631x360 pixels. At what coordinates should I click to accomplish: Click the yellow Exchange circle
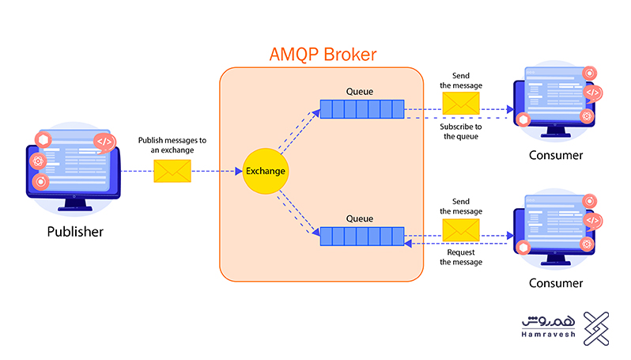point(264,171)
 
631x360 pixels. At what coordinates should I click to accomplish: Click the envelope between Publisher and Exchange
point(172,171)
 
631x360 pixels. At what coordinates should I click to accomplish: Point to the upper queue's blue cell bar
point(362,108)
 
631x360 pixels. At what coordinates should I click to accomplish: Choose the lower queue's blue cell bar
point(362,235)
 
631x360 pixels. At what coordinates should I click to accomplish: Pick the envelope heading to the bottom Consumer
point(461,230)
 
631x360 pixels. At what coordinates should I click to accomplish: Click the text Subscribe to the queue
point(461,131)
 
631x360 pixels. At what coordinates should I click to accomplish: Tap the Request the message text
point(461,257)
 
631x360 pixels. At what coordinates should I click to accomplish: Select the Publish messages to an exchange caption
point(172,145)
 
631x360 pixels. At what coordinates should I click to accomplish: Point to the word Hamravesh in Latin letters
point(552,338)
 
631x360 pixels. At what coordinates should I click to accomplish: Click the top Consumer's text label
point(556,156)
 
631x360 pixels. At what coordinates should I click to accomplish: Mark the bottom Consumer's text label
point(556,282)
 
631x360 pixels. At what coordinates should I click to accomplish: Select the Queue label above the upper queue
point(359,91)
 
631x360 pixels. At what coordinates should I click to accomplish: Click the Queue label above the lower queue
point(359,218)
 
